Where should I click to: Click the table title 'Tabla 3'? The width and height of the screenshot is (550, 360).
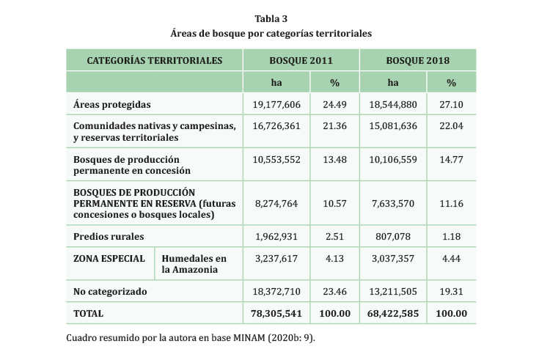pyautogui.click(x=271, y=18)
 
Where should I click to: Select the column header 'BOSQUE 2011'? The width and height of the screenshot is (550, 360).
pyautogui.click(x=301, y=60)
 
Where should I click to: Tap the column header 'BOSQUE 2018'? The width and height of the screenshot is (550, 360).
pyautogui.click(x=418, y=60)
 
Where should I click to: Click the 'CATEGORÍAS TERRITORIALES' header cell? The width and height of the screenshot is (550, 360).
pyautogui.click(x=155, y=60)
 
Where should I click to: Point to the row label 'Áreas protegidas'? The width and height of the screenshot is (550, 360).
pyautogui.click(x=112, y=104)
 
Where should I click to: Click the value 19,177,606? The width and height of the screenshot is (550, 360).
pyautogui.click(x=276, y=104)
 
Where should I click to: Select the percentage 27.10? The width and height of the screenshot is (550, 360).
pyautogui.click(x=451, y=104)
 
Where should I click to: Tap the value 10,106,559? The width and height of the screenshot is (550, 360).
pyautogui.click(x=393, y=160)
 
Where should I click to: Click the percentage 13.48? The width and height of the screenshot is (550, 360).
pyautogui.click(x=334, y=160)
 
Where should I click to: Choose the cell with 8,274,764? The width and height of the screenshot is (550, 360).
pyautogui.click(x=276, y=203)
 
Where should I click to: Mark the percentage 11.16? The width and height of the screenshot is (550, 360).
pyautogui.click(x=451, y=203)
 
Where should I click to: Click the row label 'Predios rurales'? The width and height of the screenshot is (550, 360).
pyautogui.click(x=109, y=236)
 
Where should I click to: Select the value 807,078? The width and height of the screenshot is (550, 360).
pyautogui.click(x=393, y=236)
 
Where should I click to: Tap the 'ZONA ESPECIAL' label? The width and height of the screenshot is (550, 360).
pyautogui.click(x=109, y=258)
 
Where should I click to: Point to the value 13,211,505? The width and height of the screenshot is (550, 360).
pyautogui.click(x=393, y=291)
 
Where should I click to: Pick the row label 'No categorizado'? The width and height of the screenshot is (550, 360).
pyautogui.click(x=110, y=291)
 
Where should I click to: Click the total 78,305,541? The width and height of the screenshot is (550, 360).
pyautogui.click(x=276, y=313)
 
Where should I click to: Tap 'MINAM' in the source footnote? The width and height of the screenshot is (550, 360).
pyautogui.click(x=249, y=338)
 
